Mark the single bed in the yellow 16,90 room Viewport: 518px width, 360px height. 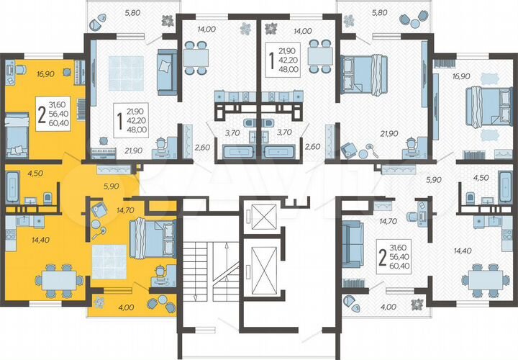pos(16,134)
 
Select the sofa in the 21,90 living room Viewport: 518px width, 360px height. pos(165,72)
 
